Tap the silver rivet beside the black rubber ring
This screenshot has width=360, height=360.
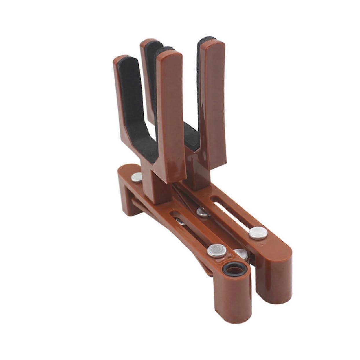pos(216,250)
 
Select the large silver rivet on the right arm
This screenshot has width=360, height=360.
pos(258,233)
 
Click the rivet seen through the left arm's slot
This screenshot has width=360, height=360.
pos(181,222)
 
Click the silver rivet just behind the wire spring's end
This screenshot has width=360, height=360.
pos(203,212)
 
